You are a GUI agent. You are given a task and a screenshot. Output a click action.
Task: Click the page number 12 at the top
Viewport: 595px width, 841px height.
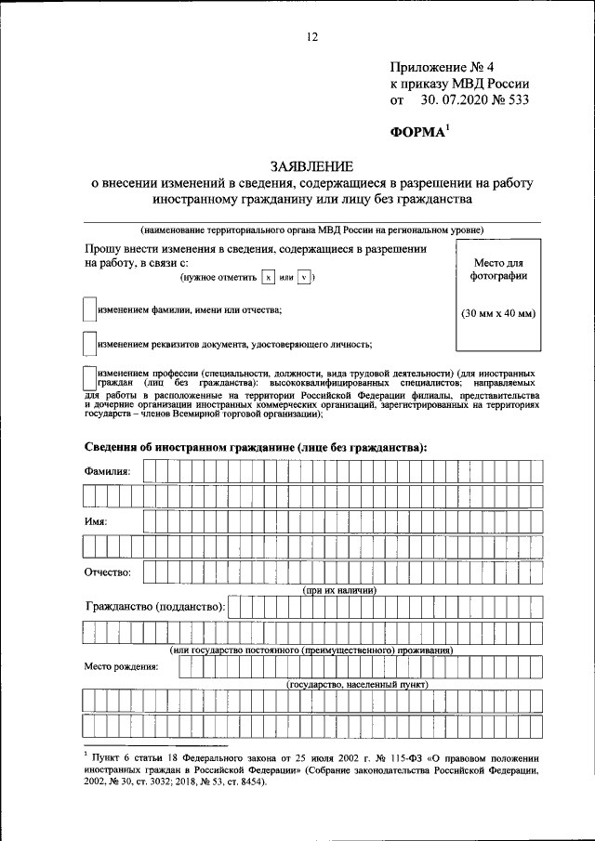311,37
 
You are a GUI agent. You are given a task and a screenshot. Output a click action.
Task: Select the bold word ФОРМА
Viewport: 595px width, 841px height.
417,132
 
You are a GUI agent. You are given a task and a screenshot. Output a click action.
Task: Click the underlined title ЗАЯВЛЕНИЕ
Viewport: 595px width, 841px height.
311,166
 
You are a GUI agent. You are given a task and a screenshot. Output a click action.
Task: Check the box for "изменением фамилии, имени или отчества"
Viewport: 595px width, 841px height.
89,309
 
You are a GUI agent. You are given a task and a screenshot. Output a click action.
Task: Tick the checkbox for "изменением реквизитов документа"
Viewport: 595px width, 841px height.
89,344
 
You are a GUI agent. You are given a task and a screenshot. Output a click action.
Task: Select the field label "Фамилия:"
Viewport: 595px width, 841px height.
108,472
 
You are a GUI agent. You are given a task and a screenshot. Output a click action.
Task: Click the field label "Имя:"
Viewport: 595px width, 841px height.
96,522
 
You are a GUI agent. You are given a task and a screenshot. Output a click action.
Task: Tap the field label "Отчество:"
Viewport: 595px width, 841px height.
108,572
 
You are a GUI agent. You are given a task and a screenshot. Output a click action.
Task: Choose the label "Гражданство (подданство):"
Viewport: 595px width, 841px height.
154,607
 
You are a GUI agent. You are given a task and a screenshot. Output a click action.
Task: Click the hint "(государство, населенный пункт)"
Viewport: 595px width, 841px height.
357,684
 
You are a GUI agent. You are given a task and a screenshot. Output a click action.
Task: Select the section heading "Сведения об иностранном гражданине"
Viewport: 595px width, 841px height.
255,446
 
